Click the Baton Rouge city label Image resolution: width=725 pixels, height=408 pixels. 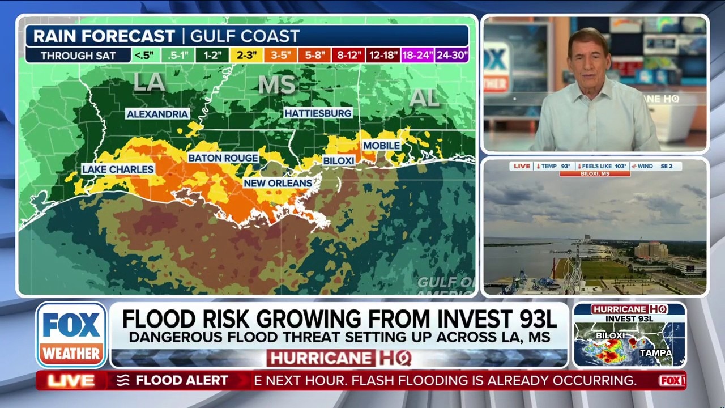pyautogui.click(x=223, y=158)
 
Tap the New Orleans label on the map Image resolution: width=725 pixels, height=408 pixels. pyautogui.click(x=278, y=183)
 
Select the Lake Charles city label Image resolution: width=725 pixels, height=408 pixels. pyautogui.click(x=118, y=169)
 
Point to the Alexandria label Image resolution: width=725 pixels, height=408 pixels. pyautogui.click(x=157, y=114)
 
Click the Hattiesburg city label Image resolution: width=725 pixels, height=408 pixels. pyautogui.click(x=318, y=113)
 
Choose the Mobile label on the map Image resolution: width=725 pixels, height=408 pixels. pyautogui.click(x=382, y=146)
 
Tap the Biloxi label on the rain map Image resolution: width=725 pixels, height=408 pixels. pyautogui.click(x=339, y=161)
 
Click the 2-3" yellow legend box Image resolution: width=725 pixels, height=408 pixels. pyautogui.click(x=246, y=56)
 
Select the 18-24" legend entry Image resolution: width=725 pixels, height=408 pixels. pyautogui.click(x=417, y=56)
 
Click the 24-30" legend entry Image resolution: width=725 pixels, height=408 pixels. pyautogui.click(x=452, y=56)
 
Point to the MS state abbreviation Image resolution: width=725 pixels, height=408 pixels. pyautogui.click(x=277, y=85)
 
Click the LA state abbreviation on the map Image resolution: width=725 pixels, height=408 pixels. pyautogui.click(x=150, y=83)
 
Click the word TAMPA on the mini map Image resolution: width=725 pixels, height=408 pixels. pyautogui.click(x=655, y=352)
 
